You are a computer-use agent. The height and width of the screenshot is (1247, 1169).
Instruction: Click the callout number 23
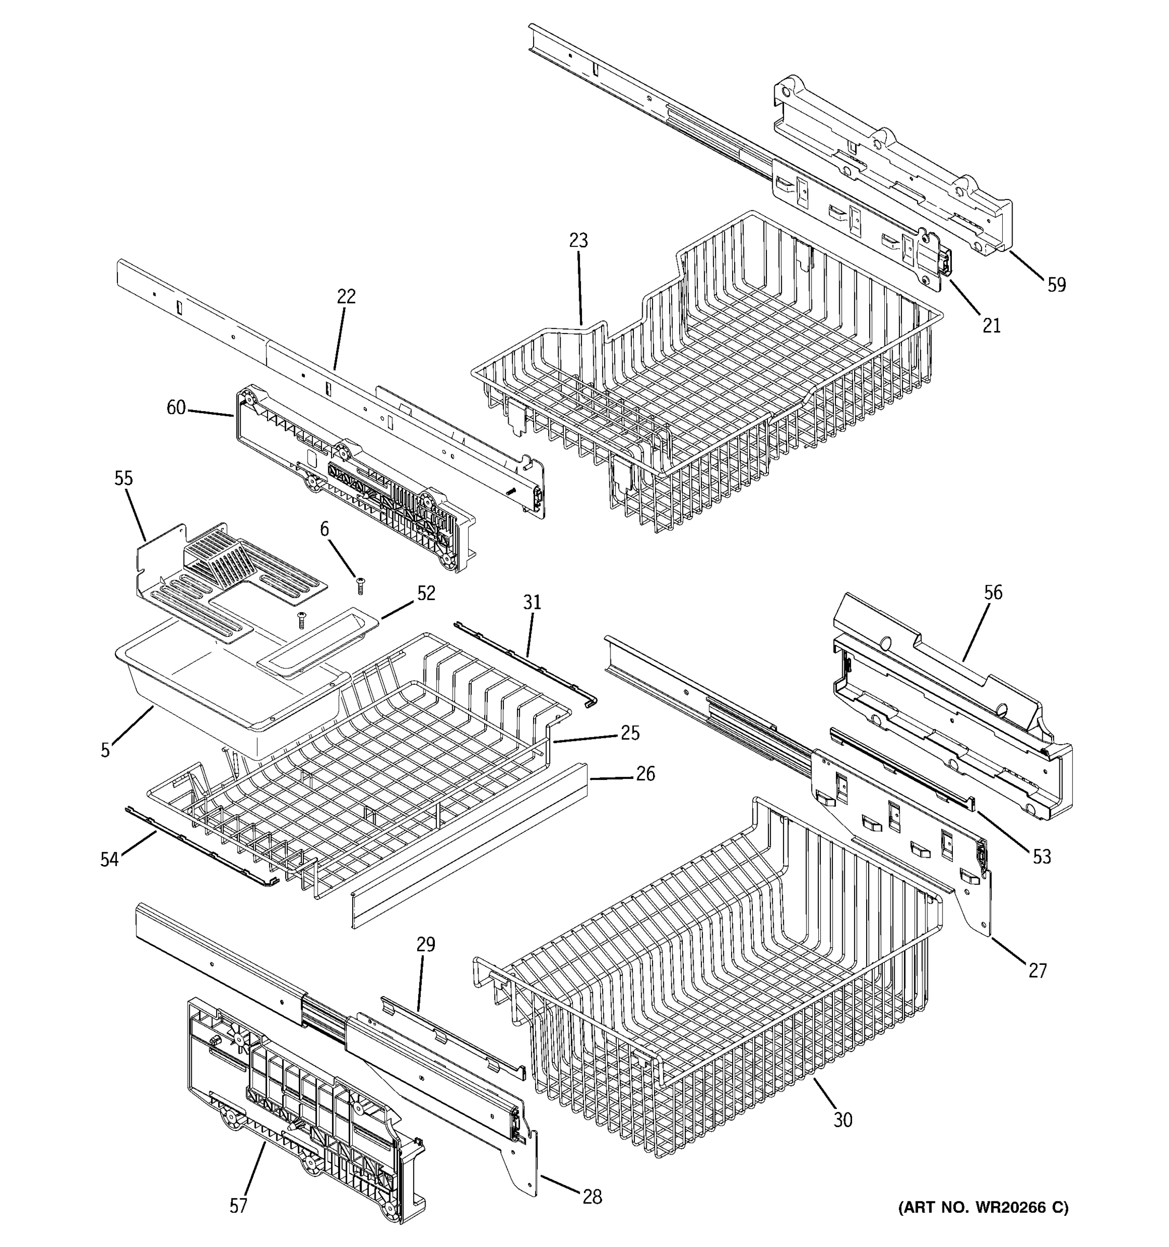pos(578,240)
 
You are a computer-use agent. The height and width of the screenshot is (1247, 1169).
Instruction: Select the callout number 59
pos(1056,285)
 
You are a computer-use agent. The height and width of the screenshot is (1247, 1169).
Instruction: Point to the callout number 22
pos(346,296)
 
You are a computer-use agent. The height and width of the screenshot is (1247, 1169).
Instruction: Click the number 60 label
pos(176,408)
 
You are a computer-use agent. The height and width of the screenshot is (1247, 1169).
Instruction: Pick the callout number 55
pos(124,479)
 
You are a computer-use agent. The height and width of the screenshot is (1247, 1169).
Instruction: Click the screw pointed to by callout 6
pos(360,587)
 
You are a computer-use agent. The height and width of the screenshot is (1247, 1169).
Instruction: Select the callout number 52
pos(426,593)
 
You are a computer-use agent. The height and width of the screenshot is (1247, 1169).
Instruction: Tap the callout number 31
pos(532,603)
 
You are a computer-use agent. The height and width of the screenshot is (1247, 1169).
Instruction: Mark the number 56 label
pos(993,592)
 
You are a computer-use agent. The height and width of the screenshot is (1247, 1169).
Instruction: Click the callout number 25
pos(630,733)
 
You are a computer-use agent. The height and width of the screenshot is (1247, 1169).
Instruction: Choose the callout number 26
pos(645,774)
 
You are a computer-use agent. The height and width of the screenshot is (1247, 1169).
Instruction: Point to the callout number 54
pos(109,859)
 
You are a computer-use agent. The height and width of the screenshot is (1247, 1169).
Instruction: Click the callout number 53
pos(1041,856)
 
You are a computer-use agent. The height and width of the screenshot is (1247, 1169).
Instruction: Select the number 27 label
pos(1038,971)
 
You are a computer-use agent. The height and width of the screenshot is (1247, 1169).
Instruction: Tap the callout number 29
pos(426,944)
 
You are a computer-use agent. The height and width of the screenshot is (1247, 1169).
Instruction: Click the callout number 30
pos(843,1120)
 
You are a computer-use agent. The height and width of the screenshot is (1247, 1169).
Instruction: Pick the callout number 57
pos(238,1205)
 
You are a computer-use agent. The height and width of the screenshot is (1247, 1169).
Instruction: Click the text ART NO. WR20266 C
pos(982,1208)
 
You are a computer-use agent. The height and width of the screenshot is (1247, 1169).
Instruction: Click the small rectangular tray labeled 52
pos(317,646)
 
